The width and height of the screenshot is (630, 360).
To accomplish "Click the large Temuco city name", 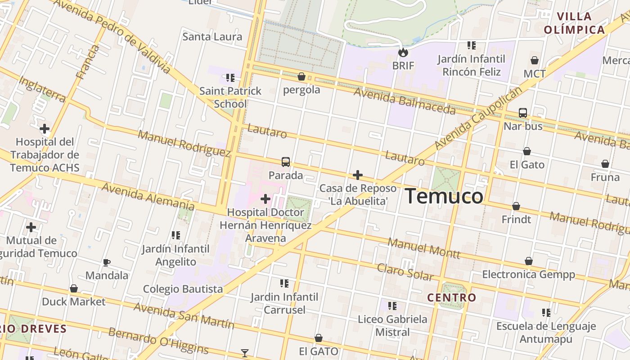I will click(444, 197).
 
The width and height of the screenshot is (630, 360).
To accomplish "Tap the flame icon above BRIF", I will click(403, 52).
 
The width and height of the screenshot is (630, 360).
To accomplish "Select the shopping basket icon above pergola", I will click(301, 76).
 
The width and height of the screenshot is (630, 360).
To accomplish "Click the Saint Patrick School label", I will click(230, 97).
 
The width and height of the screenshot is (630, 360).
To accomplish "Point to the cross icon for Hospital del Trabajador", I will click(45, 129).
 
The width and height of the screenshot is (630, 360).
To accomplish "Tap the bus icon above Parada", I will click(286, 162).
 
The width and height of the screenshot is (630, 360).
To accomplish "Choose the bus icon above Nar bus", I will click(523, 113).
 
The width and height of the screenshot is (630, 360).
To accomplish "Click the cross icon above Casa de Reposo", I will click(358, 175).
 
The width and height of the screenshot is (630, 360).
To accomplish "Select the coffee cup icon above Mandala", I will click(107, 262).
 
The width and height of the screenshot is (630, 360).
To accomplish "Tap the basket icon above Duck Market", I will click(74, 288).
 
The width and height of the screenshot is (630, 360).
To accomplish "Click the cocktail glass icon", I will click(245, 353).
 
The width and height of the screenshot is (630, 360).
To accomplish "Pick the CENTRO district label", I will click(451, 297).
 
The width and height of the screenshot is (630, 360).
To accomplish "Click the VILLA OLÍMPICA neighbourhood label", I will click(574, 23).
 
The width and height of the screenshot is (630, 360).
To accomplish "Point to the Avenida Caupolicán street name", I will click(479, 118).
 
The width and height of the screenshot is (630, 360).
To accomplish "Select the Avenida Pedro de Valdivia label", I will click(112, 36).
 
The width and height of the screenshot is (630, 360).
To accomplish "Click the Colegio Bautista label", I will click(183, 289).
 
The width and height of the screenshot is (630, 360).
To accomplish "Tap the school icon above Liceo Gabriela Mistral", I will click(392, 306).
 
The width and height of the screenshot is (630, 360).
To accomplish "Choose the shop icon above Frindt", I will click(516, 206).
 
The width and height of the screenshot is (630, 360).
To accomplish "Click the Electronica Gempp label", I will click(528, 274).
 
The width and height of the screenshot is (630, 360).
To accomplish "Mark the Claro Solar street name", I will click(405, 272).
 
